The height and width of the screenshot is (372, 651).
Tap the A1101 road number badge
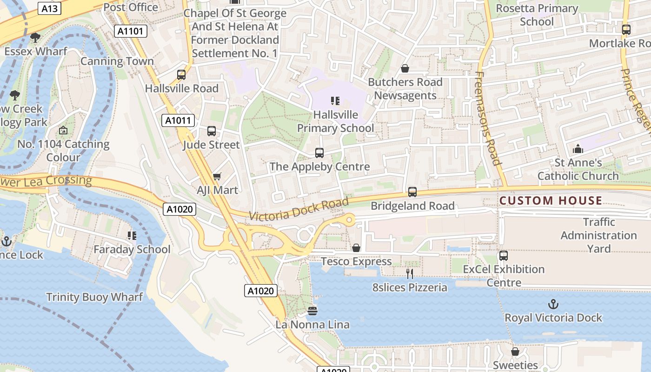point(131,31)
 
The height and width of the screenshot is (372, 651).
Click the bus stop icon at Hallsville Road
point(181,75)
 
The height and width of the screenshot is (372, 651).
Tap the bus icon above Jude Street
point(212,131)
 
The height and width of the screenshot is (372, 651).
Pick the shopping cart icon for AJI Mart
point(217,176)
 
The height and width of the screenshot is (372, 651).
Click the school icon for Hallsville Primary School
point(335,100)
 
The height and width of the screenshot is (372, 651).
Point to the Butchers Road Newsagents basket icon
point(405,69)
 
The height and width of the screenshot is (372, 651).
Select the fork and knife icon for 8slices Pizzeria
point(410,274)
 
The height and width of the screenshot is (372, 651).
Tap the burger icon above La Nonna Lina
point(312,311)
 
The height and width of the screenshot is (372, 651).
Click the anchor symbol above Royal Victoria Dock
point(553,305)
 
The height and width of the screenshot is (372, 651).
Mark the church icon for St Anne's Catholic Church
point(578,149)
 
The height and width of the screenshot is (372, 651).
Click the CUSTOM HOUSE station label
point(551,201)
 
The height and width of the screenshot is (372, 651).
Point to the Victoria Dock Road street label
point(299,210)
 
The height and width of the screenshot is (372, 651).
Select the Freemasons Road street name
point(488,119)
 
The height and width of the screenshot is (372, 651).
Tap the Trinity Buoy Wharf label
point(94,297)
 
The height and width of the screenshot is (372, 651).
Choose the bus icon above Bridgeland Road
point(412,192)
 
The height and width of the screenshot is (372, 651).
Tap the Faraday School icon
point(132,236)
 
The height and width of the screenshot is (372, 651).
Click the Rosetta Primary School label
point(537,15)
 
